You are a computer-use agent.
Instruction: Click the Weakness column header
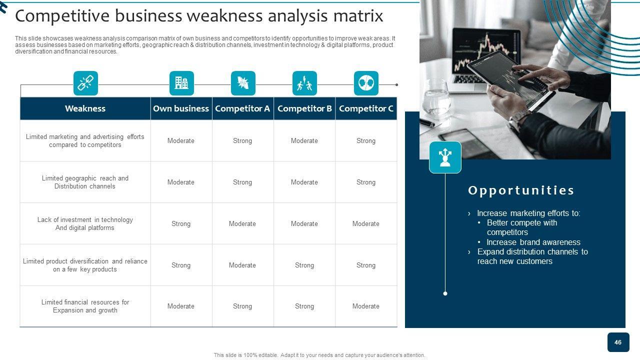85,108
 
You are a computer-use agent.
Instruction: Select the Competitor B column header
304,108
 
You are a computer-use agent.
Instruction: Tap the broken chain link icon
85,83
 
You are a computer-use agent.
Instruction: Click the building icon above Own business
181,83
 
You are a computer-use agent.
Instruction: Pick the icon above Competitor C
366,83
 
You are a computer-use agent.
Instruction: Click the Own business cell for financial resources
181,306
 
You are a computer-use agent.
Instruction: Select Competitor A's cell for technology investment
242,223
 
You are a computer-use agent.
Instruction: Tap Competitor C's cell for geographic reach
366,182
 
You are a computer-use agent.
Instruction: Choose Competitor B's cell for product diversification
304,265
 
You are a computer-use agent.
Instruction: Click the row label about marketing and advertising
85,141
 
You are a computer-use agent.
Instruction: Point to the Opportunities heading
521,190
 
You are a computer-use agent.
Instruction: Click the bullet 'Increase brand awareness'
533,242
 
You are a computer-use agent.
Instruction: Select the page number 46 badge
618,342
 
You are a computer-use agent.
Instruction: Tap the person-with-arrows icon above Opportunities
445,157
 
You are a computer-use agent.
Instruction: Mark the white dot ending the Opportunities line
445,293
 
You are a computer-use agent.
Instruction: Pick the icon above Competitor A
243,83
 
